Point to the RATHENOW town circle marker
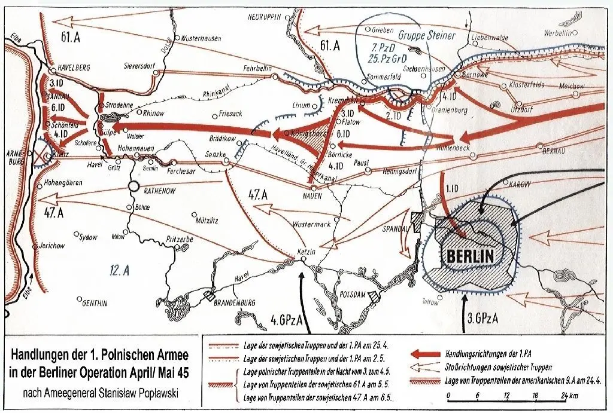(x=132, y=186)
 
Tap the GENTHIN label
(x=94, y=303)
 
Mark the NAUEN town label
(x=312, y=195)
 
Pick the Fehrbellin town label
(x=257, y=69)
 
